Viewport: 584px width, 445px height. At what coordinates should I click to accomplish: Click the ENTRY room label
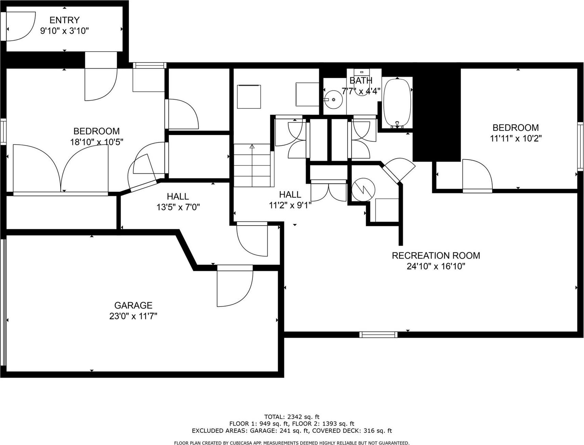64,20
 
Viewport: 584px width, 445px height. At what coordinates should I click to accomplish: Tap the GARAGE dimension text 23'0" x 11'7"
133,316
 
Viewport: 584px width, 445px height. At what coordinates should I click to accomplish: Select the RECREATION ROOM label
436,255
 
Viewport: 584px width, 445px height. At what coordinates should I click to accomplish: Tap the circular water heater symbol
363,190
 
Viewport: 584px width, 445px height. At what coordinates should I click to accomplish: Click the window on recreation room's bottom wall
378,334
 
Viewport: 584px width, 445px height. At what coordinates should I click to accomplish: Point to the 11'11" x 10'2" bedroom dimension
515,138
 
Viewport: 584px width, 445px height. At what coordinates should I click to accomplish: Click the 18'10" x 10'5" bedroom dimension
96,142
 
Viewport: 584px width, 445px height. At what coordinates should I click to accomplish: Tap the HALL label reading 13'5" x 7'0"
178,207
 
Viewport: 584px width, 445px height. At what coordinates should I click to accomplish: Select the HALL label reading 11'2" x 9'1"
290,205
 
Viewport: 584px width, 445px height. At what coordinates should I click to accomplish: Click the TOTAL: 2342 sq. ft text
291,417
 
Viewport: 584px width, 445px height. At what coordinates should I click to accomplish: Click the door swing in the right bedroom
476,174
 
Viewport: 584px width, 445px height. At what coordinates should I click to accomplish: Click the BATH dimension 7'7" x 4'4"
361,91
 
